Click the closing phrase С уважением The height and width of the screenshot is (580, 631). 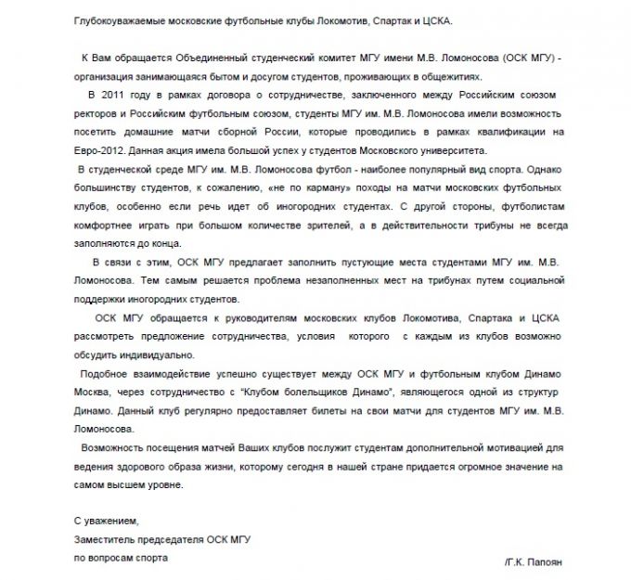point(106,521)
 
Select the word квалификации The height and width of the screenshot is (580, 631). point(519,133)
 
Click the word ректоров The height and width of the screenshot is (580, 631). point(96,114)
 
